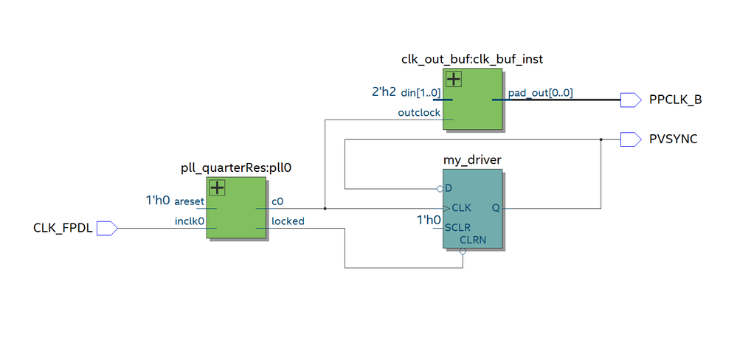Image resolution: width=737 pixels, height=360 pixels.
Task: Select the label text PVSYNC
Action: click(673, 139)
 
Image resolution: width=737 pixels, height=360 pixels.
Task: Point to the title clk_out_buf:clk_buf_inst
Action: click(472, 58)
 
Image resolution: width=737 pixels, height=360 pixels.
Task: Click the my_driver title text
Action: click(472, 159)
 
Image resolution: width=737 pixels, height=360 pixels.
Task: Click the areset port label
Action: click(190, 201)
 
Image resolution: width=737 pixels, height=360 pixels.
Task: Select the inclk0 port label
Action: click(190, 221)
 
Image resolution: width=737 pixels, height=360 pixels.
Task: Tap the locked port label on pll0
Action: click(288, 221)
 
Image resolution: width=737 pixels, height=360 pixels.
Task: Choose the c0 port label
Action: click(277, 201)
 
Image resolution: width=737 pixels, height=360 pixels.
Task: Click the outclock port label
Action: click(419, 113)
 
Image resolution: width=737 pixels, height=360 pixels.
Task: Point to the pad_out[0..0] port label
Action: click(540, 93)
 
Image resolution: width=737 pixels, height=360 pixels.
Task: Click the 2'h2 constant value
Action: click(384, 93)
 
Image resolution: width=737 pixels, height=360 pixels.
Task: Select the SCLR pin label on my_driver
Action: click(457, 228)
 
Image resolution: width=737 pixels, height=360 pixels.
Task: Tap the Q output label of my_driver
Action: click(495, 208)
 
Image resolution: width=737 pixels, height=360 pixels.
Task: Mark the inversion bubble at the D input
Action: click(440, 189)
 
